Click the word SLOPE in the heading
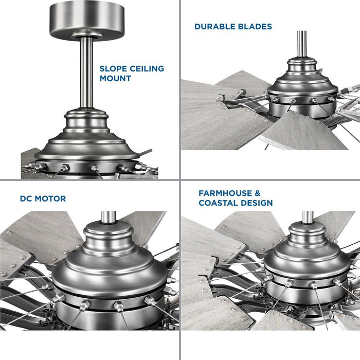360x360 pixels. (x=113, y=68)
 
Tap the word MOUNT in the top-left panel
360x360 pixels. (x=115, y=79)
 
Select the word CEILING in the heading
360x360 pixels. (x=147, y=68)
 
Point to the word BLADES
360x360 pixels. (x=255, y=27)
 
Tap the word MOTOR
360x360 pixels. (x=50, y=199)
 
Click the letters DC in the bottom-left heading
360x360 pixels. (x=26, y=199)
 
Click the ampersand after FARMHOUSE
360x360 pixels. (x=257, y=193)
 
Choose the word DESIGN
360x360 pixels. (x=257, y=203)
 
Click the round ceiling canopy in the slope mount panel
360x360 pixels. (x=87, y=21)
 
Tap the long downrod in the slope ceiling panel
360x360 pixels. (x=86, y=73)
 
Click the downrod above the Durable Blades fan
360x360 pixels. (x=302, y=44)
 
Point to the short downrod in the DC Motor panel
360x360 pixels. (x=109, y=217)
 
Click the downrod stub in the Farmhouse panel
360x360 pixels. (x=308, y=217)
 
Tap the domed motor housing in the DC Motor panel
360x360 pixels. (x=110, y=276)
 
